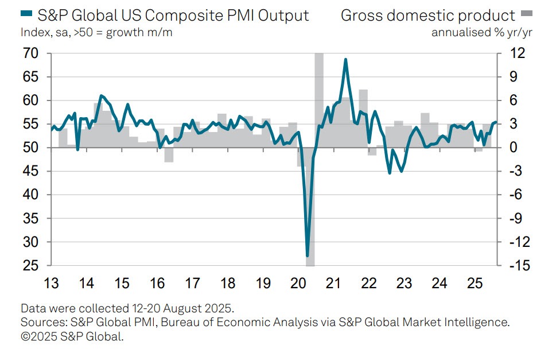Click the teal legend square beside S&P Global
tap(25, 15)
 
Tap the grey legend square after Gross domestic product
tap(526, 14)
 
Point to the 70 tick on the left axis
tap(30, 53)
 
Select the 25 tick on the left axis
tap(30, 266)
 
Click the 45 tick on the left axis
tap(30, 171)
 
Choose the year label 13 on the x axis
tap(52, 283)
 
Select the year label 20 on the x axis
tap(298, 283)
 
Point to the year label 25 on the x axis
tap(475, 283)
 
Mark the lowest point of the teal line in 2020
tap(308, 256)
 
